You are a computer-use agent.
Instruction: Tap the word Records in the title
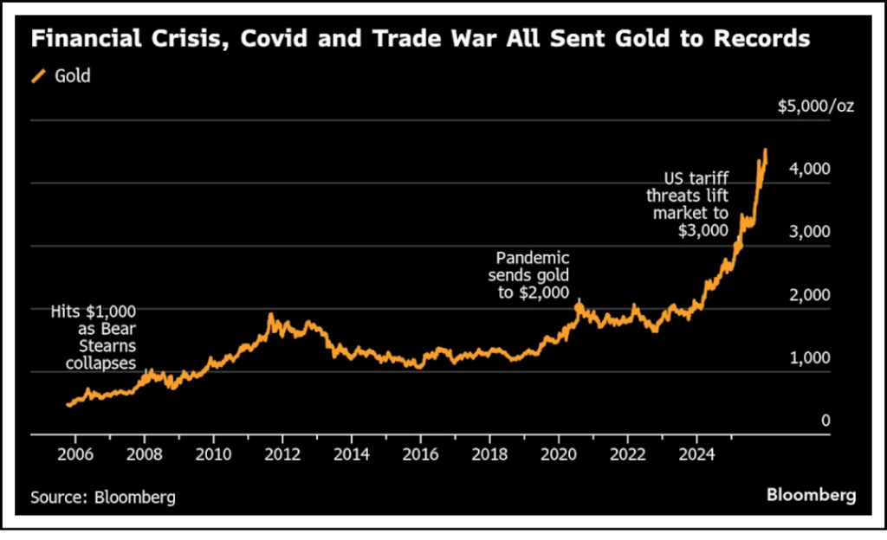coord(761,39)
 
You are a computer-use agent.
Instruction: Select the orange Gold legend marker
coord(39,76)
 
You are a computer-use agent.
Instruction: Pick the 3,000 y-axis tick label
coord(813,232)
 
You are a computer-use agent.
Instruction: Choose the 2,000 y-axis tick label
coord(813,295)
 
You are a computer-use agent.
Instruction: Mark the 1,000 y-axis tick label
coord(813,358)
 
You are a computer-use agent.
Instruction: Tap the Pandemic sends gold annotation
coord(532,275)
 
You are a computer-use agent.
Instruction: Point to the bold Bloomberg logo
coord(811,495)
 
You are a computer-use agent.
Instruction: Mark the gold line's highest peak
coord(765,150)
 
